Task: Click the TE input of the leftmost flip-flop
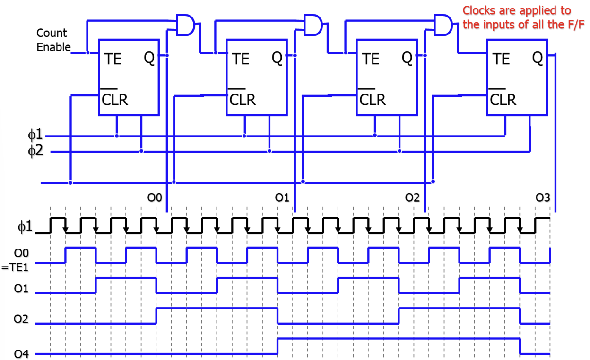(113, 59)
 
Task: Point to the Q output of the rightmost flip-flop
(538, 58)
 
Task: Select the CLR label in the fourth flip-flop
(503, 100)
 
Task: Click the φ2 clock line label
(35, 151)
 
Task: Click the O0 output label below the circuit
(154, 197)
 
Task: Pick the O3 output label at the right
(543, 197)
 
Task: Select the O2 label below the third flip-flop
(412, 197)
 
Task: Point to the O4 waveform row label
(21, 353)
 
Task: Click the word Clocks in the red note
(478, 10)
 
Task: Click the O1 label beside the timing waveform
(21, 288)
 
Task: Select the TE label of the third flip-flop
(371, 59)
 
